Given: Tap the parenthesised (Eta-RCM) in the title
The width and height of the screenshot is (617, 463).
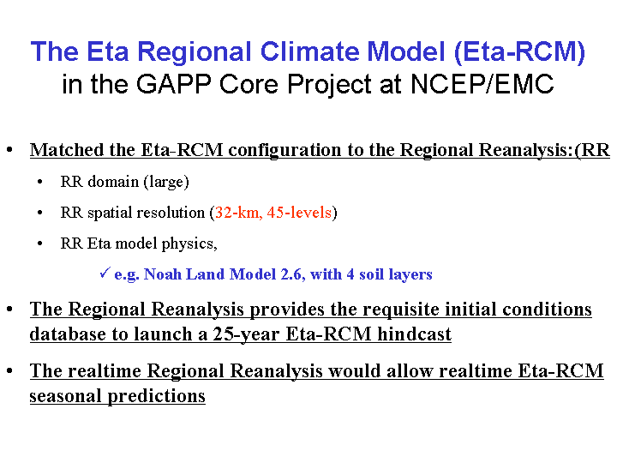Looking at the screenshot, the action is pyautogui.click(x=519, y=52).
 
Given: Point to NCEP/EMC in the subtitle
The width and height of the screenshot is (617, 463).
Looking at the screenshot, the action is pyautogui.click(x=482, y=84).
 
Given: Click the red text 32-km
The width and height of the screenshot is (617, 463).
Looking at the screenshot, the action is pyautogui.click(x=239, y=213).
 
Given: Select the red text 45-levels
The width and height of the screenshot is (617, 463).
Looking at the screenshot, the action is pyautogui.click(x=299, y=213).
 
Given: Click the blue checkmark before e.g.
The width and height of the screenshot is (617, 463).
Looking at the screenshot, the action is pyautogui.click(x=105, y=273).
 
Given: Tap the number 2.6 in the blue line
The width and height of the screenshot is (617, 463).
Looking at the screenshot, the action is pyautogui.click(x=293, y=274).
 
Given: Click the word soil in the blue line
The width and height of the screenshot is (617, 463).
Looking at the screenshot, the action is pyautogui.click(x=371, y=274).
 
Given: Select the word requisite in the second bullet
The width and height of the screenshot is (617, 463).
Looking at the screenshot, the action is pyautogui.click(x=400, y=310).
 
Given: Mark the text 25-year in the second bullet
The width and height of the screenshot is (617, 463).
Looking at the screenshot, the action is pyautogui.click(x=246, y=334).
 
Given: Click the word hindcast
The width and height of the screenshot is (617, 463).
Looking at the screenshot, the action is pyautogui.click(x=415, y=334).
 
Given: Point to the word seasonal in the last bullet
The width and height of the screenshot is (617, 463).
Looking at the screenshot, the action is pyautogui.click(x=66, y=395).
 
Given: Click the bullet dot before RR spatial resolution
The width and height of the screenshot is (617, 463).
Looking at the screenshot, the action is pyautogui.click(x=39, y=213).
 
